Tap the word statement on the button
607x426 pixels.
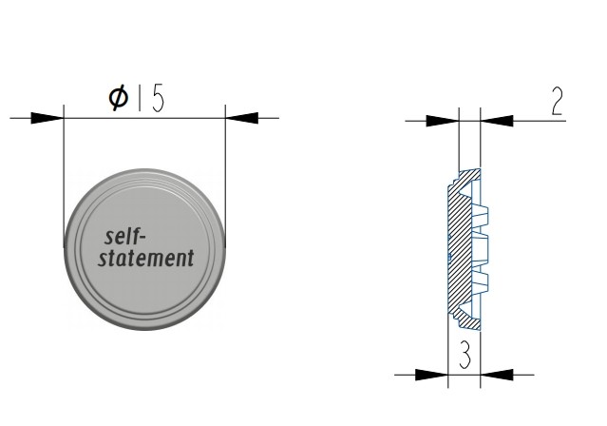coord(145,258)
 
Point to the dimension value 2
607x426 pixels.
coord(555,103)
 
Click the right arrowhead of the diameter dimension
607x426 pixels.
coord(242,118)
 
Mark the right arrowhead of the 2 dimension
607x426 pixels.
coord(497,121)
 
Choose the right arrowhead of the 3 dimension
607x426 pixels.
coord(495,373)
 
